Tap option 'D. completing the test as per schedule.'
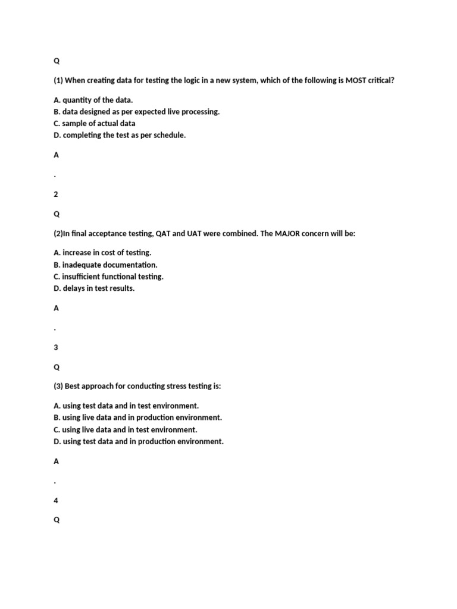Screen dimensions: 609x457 pyautogui.click(x=120, y=136)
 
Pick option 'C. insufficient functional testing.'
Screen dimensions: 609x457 pyautogui.click(x=108, y=277)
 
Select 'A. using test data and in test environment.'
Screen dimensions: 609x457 pyautogui.click(x=126, y=406)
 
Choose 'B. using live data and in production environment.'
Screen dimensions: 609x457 pyautogui.click(x=137, y=417)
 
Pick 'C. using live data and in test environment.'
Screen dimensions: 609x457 pyautogui.click(x=125, y=429)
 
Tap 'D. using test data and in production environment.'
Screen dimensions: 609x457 pyautogui.click(x=139, y=441)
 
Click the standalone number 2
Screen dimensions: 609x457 pyautogui.click(x=56, y=194)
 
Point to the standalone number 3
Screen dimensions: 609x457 pyautogui.click(x=56, y=347)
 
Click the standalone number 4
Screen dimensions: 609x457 pyautogui.click(x=56, y=501)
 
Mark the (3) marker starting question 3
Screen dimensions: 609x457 pyautogui.click(x=58, y=387)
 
